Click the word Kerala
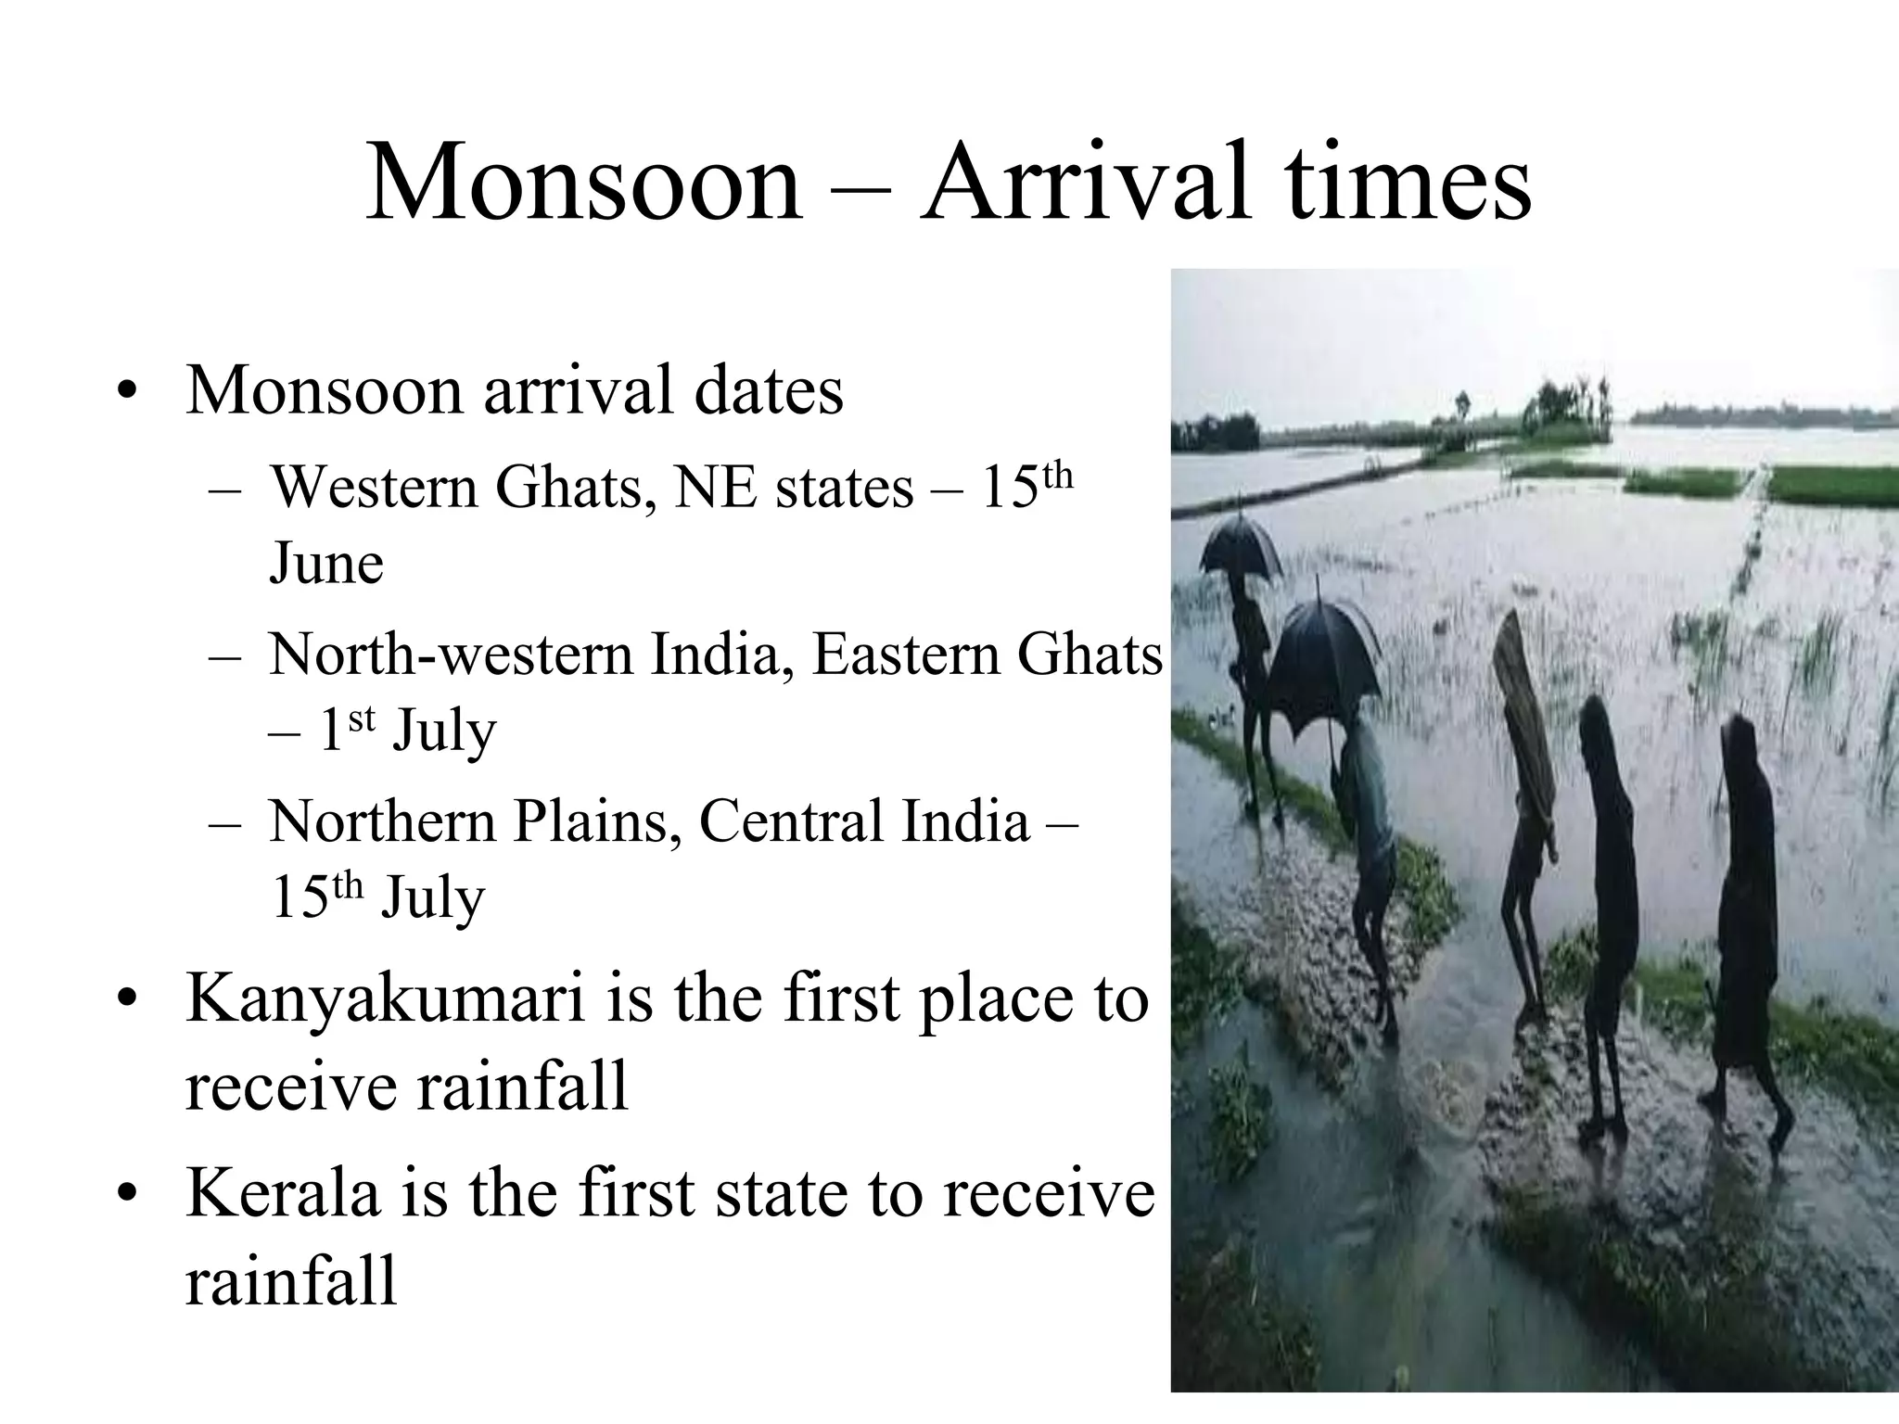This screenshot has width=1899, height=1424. (283, 1193)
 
